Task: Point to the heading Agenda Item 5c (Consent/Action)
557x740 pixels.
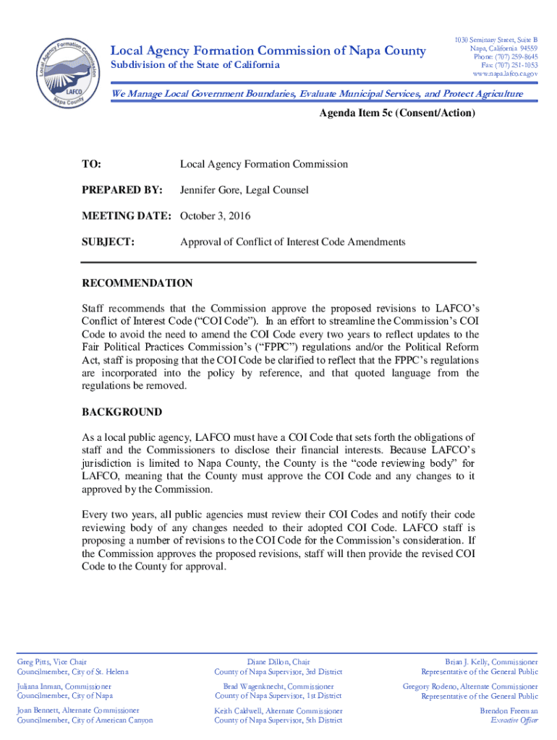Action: coord(397,113)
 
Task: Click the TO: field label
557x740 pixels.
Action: coord(92,164)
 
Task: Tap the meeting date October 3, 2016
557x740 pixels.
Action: coord(217,216)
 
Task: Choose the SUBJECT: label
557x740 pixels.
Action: coord(109,242)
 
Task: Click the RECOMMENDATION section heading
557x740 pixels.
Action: coord(137,283)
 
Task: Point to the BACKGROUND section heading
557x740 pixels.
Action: coord(122,412)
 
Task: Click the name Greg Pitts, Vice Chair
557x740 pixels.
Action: coord(52,661)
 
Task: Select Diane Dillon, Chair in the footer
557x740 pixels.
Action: coord(278,661)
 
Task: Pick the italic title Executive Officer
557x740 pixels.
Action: coord(514,720)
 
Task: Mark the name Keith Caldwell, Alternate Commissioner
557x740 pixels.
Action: coord(278,710)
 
